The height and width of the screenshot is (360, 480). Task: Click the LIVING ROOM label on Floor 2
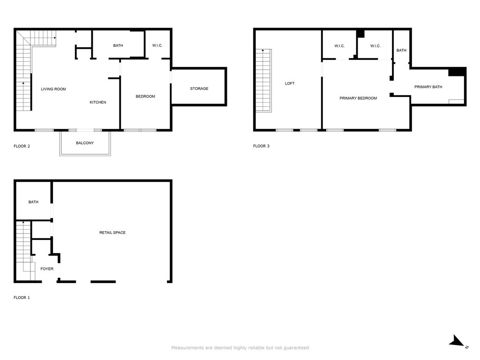(53, 89)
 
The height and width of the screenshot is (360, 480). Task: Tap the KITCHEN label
(98, 102)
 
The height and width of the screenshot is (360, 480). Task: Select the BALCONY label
(85, 143)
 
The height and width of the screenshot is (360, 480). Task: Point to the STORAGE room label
(199, 89)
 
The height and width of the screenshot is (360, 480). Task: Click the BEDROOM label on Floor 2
(145, 97)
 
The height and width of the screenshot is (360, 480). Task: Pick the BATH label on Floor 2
(118, 45)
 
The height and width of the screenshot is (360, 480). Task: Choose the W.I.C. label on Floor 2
(157, 45)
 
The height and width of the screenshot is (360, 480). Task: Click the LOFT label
(290, 83)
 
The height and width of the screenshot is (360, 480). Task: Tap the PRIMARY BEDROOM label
(358, 98)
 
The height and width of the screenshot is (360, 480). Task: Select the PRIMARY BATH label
(428, 87)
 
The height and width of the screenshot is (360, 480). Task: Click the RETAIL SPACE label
(112, 232)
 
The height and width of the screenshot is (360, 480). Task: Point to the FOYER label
(47, 269)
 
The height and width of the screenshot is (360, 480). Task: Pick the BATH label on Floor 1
(33, 202)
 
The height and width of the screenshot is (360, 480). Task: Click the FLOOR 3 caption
(261, 146)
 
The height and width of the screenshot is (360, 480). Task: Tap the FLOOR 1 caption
(22, 298)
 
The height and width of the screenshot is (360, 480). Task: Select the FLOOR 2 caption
(22, 146)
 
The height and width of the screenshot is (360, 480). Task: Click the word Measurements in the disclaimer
(187, 348)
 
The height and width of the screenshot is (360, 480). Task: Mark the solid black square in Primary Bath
(457, 72)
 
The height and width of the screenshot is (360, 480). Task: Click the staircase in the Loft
(263, 81)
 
